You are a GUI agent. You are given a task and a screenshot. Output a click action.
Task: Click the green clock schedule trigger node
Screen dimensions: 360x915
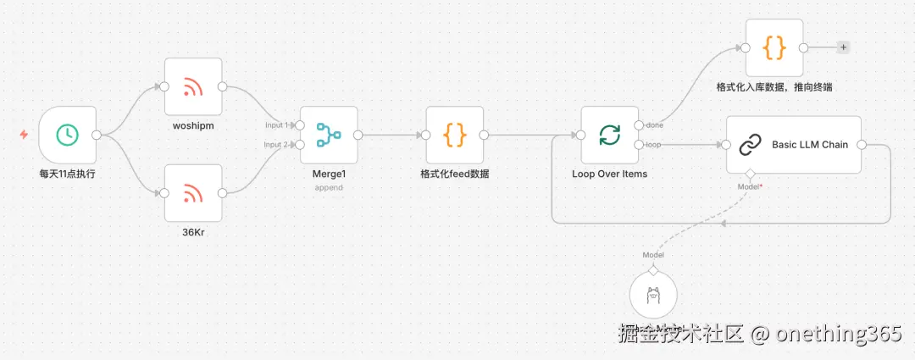coord(68,134)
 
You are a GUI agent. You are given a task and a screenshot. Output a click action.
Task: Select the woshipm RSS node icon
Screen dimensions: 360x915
coord(193,86)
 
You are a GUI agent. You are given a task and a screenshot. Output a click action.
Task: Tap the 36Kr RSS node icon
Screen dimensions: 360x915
coord(193,193)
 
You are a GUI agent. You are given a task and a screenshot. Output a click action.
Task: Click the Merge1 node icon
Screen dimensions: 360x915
coord(329,135)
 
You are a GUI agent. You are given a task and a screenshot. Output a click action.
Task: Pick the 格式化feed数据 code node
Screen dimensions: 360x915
coord(455,135)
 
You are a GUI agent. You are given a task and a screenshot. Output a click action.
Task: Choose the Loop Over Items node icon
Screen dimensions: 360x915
coord(609,135)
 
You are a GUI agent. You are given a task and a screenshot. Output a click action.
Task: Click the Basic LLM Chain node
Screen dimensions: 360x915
coord(794,145)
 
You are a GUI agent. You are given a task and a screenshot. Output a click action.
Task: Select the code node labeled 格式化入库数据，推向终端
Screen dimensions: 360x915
coord(774,48)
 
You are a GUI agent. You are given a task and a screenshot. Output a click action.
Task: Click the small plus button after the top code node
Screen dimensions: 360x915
coord(843,47)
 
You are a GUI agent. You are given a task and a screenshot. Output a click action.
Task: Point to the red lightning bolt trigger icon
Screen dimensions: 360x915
coord(24,134)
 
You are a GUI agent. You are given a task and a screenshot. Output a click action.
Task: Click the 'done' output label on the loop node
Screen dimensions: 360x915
coord(655,125)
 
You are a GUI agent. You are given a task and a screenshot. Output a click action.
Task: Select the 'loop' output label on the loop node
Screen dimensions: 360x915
coord(654,145)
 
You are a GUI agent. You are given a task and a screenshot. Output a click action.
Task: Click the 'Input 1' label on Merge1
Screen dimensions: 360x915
coord(275,125)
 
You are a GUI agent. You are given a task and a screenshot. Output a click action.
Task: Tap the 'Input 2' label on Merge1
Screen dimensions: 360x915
coord(275,145)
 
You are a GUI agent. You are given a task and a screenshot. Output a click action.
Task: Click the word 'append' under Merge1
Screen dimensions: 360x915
coord(329,187)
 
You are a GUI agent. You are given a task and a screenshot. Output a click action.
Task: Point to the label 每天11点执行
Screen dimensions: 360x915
coord(68,174)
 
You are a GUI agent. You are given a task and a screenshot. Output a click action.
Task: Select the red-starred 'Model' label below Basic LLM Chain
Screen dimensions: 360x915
coord(749,186)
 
